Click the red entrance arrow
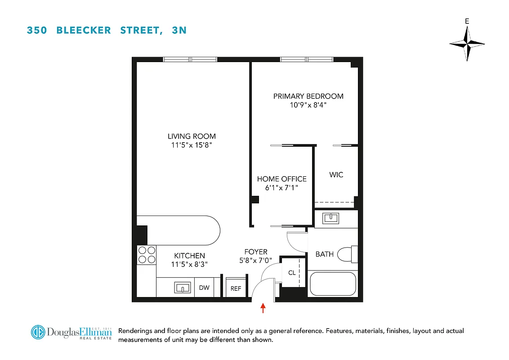coord(263,308)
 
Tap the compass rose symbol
coord(467,44)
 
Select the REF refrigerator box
coord(236,288)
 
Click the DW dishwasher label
coord(204,288)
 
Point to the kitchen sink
coord(182,288)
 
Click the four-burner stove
coord(146,255)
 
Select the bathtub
coord(333,283)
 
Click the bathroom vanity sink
coord(332,218)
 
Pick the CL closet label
coord(292,273)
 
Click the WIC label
coord(336,175)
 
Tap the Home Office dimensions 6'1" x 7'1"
coord(281,188)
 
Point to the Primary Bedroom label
coord(308,96)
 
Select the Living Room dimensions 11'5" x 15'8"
coord(192,145)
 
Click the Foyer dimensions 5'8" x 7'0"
coord(255,260)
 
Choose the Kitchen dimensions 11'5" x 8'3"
coord(189,264)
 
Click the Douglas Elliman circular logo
coord(39,332)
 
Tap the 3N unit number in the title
coord(179,31)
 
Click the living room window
coord(190,59)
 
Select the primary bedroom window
coord(307,59)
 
